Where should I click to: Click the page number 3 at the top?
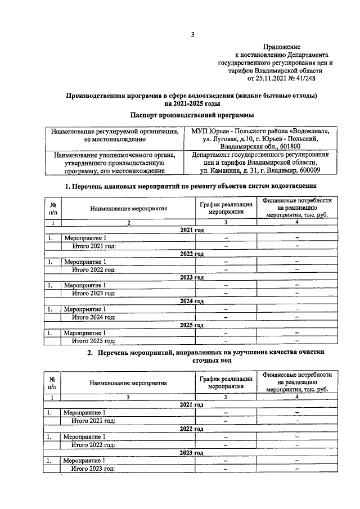click(x=192, y=35)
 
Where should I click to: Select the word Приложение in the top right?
click(x=283, y=47)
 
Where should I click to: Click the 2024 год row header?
click(x=192, y=301)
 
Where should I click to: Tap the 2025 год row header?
click(x=192, y=325)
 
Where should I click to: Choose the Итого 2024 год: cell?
click(x=93, y=317)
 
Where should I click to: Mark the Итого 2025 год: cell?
click(x=93, y=340)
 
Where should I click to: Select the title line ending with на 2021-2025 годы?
click(x=192, y=103)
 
